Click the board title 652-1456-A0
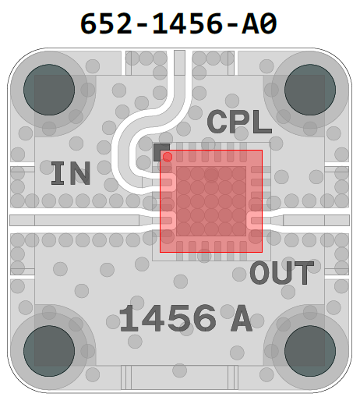(178, 23)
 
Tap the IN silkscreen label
(71, 173)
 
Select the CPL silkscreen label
(239, 122)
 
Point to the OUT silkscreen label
(282, 273)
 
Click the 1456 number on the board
(168, 318)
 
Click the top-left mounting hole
(49, 90)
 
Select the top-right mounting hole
(310, 90)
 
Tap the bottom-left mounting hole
(49, 351)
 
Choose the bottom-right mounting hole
(310, 351)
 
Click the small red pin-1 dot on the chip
(168, 157)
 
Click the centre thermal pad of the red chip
(211, 201)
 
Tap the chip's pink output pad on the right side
(254, 221)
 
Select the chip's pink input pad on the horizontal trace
(168, 221)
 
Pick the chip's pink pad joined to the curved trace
(168, 182)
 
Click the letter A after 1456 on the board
(242, 319)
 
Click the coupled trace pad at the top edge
(179, 62)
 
